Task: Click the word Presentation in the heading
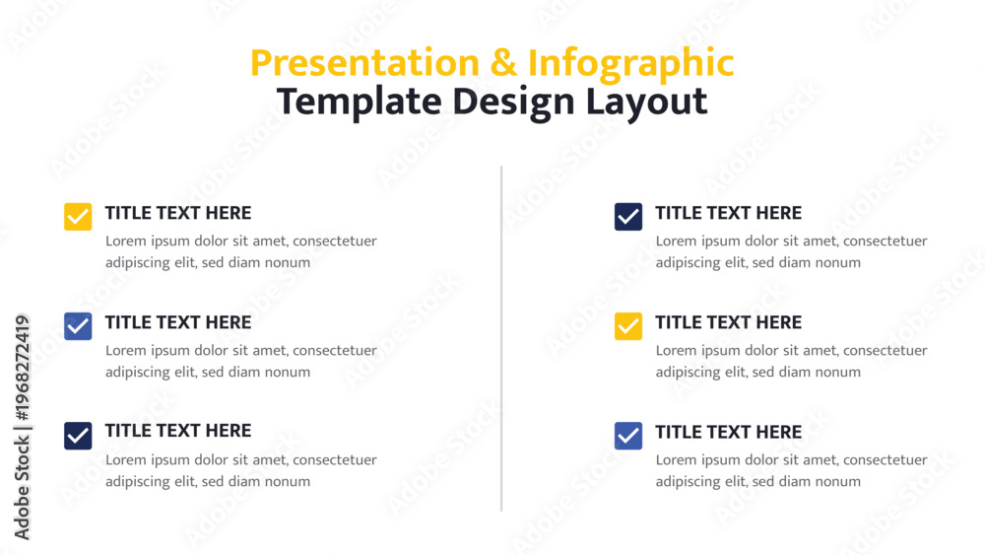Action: tap(365, 63)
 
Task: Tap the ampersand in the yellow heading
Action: tap(503, 63)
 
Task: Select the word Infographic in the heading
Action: tap(630, 65)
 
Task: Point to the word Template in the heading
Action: tap(360, 103)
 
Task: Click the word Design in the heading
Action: tap(513, 103)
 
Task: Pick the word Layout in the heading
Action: tap(646, 103)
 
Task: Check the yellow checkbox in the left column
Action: tap(78, 217)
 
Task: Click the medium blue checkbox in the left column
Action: tap(78, 326)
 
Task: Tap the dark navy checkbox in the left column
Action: tap(78, 436)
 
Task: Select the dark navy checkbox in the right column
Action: tap(628, 217)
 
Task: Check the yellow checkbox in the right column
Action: tap(628, 326)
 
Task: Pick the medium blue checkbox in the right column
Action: tap(628, 436)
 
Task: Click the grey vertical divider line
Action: tap(501, 339)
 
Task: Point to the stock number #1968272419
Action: tap(22, 368)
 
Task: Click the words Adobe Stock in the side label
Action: tap(22, 488)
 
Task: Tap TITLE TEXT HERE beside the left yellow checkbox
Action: tap(177, 213)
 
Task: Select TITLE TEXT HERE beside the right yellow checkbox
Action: tap(728, 322)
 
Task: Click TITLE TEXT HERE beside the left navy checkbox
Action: tap(177, 431)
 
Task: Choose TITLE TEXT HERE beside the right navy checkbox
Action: tap(728, 213)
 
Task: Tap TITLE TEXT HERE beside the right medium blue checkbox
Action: tap(728, 432)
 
